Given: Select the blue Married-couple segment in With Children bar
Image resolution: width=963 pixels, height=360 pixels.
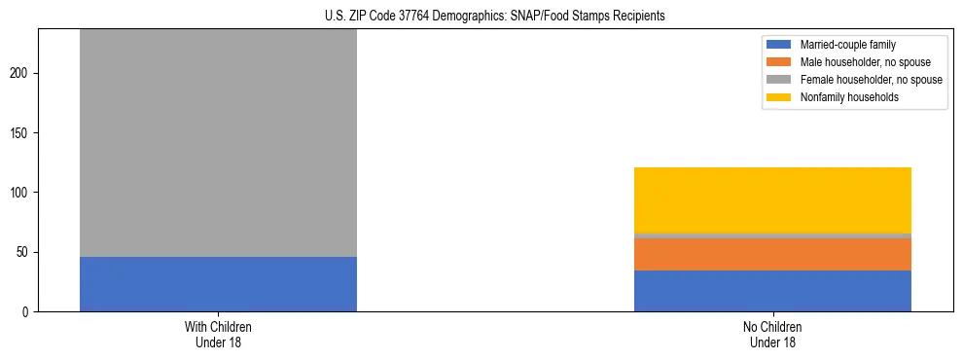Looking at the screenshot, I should pyautogui.click(x=218, y=284).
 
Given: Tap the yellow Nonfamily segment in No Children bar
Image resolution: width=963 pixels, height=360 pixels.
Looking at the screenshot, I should pyautogui.click(x=772, y=200).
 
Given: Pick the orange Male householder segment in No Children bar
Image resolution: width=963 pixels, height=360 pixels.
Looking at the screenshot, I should pyautogui.click(x=772, y=255).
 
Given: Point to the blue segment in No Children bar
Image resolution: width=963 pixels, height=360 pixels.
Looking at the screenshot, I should pyautogui.click(x=772, y=291).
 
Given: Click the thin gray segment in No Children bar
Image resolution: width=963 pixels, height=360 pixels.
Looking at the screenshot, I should pyautogui.click(x=772, y=235).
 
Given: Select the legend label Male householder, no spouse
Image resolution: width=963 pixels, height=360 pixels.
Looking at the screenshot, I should pyautogui.click(x=865, y=62).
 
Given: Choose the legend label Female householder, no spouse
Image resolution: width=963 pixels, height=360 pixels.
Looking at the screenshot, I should pyautogui.click(x=871, y=80).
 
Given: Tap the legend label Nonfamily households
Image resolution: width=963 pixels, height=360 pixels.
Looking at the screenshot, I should pyautogui.click(x=848, y=97).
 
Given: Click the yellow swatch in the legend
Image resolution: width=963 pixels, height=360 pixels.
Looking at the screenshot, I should pyautogui.click(x=779, y=97).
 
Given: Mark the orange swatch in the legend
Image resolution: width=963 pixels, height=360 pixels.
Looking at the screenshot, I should pyautogui.click(x=779, y=62).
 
